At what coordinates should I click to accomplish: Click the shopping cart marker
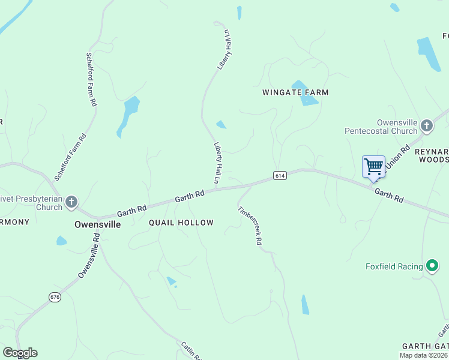point(373,167)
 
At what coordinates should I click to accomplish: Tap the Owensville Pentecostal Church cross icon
point(427,125)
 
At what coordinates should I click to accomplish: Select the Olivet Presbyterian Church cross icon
point(71,202)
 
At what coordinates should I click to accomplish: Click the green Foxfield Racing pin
point(432,266)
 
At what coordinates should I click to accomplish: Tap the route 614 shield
point(279,175)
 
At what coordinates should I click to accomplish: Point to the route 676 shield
point(55,297)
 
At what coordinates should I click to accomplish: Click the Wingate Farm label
point(295,92)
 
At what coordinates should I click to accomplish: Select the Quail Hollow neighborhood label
point(181,223)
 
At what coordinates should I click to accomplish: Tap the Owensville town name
point(97,224)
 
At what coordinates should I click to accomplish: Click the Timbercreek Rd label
point(250,225)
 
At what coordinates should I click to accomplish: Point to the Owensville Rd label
point(89,256)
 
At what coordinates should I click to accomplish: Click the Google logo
point(20,353)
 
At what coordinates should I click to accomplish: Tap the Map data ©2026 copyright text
point(423,355)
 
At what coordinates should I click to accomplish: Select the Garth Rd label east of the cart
point(388,195)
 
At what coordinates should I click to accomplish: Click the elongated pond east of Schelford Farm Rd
point(128,114)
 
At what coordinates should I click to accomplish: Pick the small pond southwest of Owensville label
point(61,241)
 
